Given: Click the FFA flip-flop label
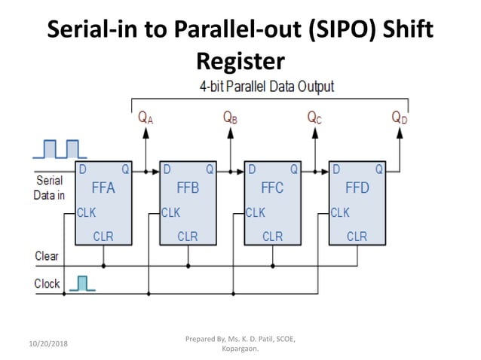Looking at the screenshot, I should click(103, 188).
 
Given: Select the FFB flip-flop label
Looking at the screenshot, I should click(188, 188).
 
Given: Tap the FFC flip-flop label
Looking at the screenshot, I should click(272, 188).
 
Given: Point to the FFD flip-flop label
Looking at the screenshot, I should click(357, 188).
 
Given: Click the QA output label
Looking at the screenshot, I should click(146, 117).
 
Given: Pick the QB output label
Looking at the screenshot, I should click(231, 117).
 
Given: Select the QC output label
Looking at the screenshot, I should click(315, 117).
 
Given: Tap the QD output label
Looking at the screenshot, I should click(400, 117).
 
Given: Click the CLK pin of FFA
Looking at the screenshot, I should click(87, 213).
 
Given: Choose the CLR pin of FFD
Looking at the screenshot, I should click(357, 236).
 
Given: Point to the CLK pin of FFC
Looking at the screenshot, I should click(256, 213).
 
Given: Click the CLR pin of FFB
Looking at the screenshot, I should click(188, 236).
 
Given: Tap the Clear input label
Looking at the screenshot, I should click(47, 256).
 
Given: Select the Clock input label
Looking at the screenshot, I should click(47, 284).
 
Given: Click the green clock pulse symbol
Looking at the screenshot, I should click(83, 283).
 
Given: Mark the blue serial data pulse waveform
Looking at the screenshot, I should click(54, 149).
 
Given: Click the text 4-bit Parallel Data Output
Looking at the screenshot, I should click(266, 87).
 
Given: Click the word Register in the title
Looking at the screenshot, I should click(240, 59).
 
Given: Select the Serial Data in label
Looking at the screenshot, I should click(50, 188).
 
